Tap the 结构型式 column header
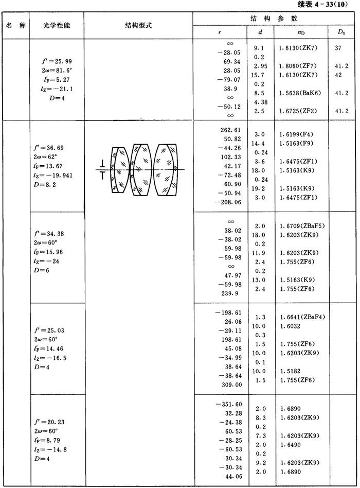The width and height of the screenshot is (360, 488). [138, 25]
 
